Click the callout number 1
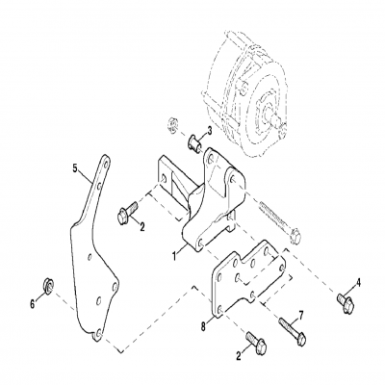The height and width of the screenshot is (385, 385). pyautogui.click(x=174, y=257)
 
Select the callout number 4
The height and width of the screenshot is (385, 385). pyautogui.click(x=359, y=282)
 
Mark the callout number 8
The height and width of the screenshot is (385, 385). pyautogui.click(x=203, y=324)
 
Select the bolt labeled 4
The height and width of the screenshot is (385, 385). pyautogui.click(x=344, y=302)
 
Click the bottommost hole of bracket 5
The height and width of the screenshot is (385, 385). pyautogui.click(x=98, y=333)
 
